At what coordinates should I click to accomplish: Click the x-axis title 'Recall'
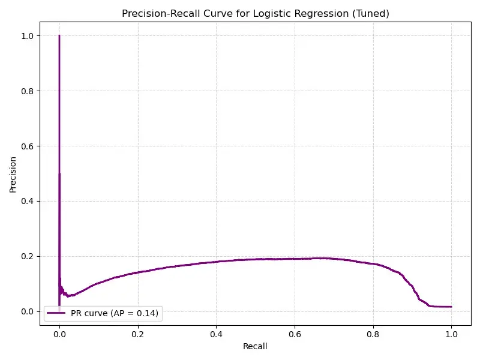[255, 346]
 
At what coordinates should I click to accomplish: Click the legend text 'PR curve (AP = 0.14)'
[115, 313]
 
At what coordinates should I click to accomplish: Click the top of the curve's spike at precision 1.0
[59, 36]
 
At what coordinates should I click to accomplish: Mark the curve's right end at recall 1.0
[451, 307]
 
